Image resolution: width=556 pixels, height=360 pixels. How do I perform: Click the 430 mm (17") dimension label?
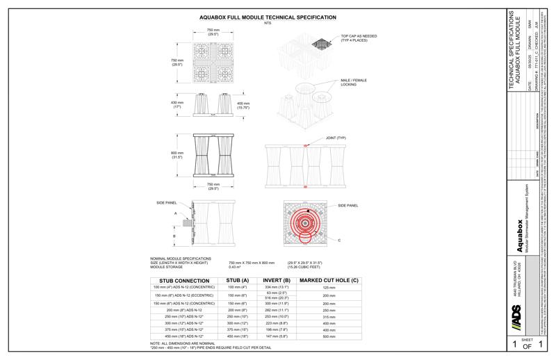pyautogui.click(x=177, y=105)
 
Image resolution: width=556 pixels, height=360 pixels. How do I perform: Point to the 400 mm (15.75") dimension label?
pyautogui.click(x=243, y=105)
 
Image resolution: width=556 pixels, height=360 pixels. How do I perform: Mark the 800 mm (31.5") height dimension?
pyautogui.click(x=177, y=155)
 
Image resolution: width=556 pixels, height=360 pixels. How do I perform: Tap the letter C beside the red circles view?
pyautogui.click(x=339, y=240)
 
